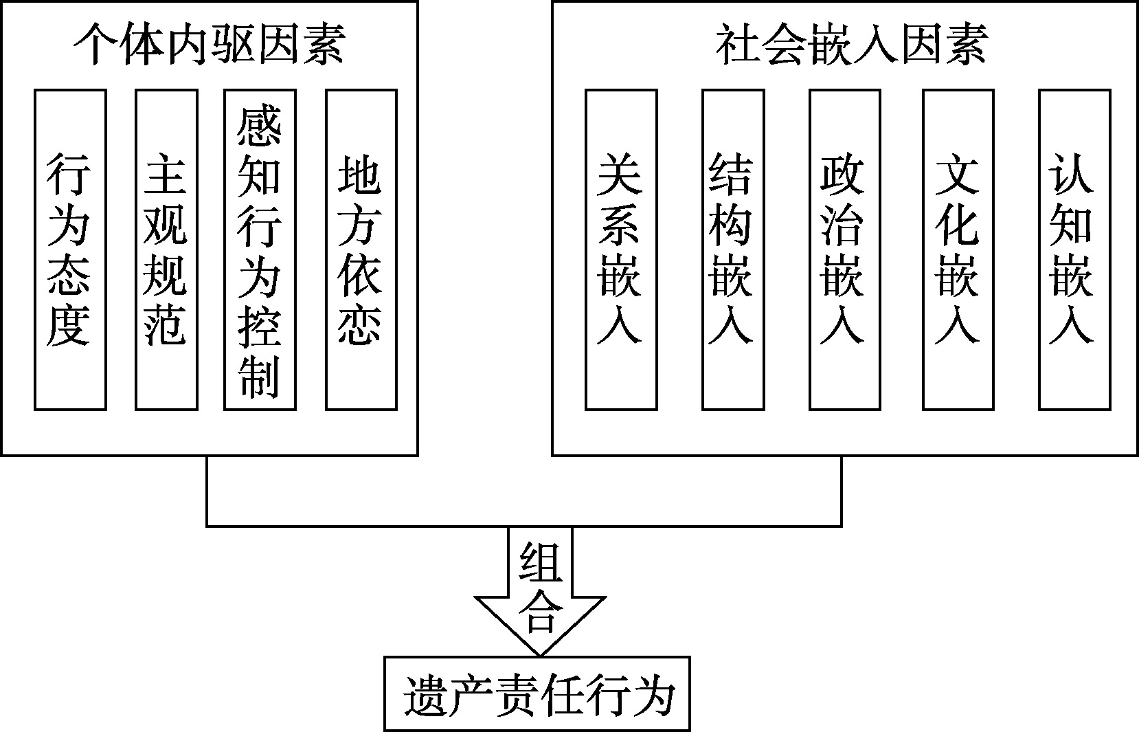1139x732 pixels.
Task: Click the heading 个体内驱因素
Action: (210, 44)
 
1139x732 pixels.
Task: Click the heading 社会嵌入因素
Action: (852, 44)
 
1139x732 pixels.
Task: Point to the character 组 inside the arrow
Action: (540, 563)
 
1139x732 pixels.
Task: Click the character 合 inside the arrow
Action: (540, 612)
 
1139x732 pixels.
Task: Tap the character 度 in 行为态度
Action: (69, 326)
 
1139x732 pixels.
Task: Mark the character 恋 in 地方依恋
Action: (360, 326)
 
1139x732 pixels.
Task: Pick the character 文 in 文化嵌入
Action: (957, 175)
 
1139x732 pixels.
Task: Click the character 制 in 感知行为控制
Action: (259, 377)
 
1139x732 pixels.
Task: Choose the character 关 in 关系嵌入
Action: (620, 175)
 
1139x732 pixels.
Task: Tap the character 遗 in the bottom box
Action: (426, 696)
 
